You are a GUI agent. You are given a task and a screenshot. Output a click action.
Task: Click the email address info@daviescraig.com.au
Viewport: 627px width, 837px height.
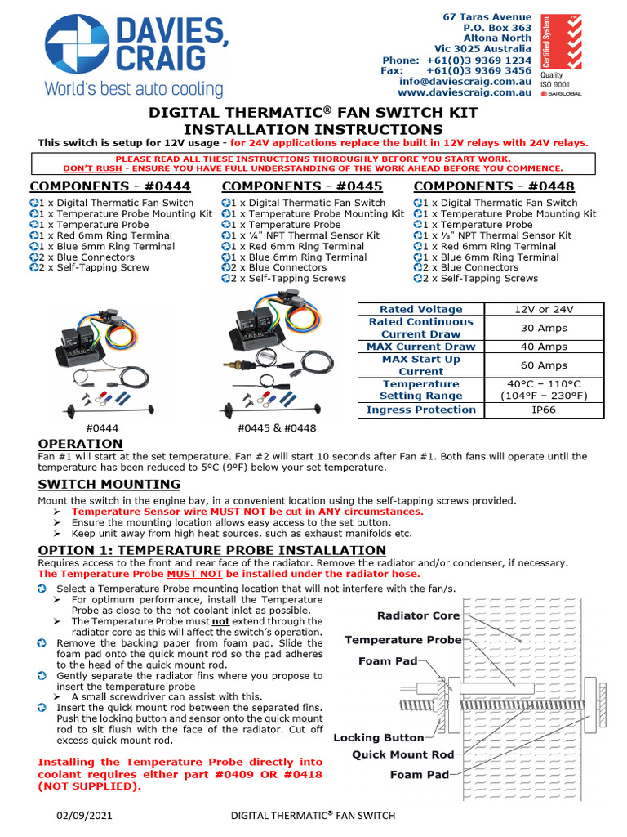pyautogui.click(x=465, y=82)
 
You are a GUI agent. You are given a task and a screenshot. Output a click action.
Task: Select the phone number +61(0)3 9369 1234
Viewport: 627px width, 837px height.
pyautogui.click(x=478, y=60)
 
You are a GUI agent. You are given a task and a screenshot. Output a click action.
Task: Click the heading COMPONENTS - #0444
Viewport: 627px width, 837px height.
pyautogui.click(x=112, y=186)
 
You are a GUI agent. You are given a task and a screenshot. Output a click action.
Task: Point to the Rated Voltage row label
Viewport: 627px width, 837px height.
pyautogui.click(x=420, y=309)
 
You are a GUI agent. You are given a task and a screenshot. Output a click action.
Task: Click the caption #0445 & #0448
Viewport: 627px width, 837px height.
pyautogui.click(x=277, y=427)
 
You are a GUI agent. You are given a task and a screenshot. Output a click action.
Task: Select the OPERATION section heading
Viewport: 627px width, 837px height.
pyautogui.click(x=80, y=444)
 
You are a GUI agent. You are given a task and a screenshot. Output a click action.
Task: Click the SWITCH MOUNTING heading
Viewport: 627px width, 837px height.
pyautogui.click(x=109, y=485)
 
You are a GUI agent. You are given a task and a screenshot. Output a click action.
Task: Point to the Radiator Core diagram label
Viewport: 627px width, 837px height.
pyautogui.click(x=418, y=615)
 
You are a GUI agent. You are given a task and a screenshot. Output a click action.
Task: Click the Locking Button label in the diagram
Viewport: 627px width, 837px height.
pyautogui.click(x=378, y=737)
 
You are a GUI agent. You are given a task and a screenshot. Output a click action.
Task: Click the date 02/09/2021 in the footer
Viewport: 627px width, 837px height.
pyautogui.click(x=84, y=815)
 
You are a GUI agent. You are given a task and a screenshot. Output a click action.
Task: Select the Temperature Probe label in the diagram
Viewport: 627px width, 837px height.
pyautogui.click(x=402, y=640)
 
